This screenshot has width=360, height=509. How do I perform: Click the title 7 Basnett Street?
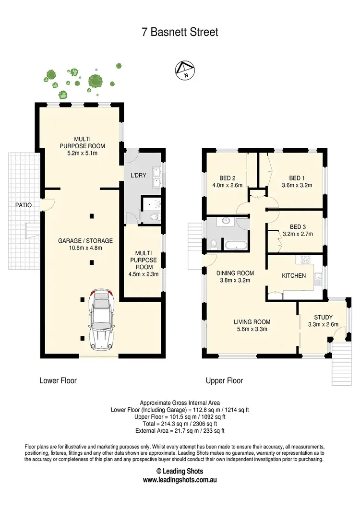point(180,32)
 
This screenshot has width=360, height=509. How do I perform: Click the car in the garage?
point(101,319)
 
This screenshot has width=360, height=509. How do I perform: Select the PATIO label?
point(23,205)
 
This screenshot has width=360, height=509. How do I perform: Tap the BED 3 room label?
point(298,227)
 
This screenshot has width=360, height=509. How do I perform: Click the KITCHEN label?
point(293,275)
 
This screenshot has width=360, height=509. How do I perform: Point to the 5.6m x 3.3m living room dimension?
point(252,329)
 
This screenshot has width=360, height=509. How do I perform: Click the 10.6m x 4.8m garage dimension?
point(85,248)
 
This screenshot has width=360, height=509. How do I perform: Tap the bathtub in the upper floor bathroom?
point(235,245)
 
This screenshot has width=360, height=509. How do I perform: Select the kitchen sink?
point(318,276)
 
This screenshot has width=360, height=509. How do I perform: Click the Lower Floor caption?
point(58,380)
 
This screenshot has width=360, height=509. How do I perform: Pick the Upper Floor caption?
point(224,380)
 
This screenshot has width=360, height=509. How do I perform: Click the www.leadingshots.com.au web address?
point(180,480)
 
